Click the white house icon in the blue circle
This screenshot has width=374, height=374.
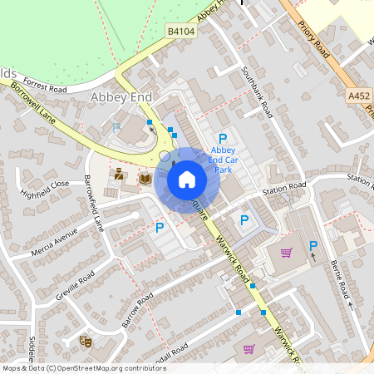[x=187, y=180]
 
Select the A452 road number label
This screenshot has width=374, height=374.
[x=359, y=96]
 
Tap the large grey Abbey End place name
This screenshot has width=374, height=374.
[x=121, y=97]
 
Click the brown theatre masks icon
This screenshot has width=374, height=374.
[x=85, y=340]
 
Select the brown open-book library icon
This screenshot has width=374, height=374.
[x=145, y=178]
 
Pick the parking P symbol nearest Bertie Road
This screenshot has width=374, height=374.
[x=313, y=245]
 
